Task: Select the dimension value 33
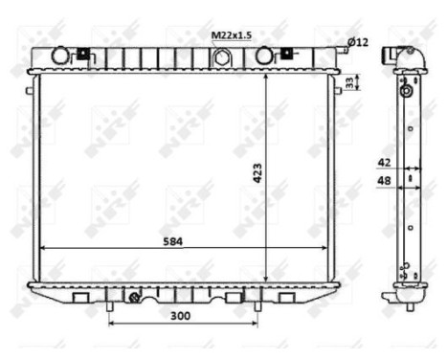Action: [350, 83]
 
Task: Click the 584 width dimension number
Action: [172, 241]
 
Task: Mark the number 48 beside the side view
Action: [385, 180]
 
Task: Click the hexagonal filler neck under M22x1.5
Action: [222, 57]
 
